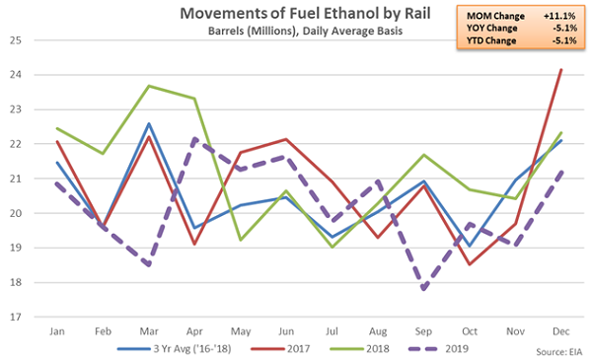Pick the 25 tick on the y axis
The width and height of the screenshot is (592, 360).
[14, 40]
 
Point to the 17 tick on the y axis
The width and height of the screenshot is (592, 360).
[14, 317]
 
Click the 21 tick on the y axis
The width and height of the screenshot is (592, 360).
[14, 179]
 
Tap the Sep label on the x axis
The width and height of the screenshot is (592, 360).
[424, 331]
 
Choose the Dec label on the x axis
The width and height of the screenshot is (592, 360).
[560, 331]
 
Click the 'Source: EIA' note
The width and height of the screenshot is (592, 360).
[558, 349]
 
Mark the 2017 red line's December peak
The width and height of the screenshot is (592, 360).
[560, 69]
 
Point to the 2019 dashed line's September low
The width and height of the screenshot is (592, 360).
[424, 289]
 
